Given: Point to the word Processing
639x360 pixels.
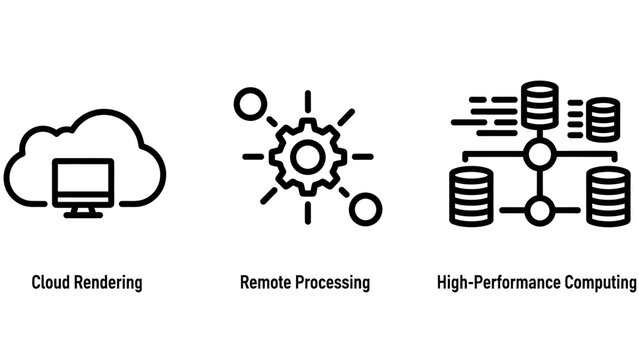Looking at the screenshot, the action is tap(332, 283).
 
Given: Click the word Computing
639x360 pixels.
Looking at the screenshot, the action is tap(597, 283).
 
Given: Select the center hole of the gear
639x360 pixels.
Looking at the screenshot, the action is tap(308, 156).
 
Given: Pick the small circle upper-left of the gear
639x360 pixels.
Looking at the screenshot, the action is tap(246, 103).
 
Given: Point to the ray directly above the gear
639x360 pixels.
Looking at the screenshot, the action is tap(308, 100).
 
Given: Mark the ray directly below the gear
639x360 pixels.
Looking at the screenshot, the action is tap(308, 212).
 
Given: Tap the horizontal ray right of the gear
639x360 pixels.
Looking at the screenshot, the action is tap(363, 156).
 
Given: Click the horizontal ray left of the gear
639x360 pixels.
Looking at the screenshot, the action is tap(253, 156).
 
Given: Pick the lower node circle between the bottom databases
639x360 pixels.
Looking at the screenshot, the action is tap(540, 210).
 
